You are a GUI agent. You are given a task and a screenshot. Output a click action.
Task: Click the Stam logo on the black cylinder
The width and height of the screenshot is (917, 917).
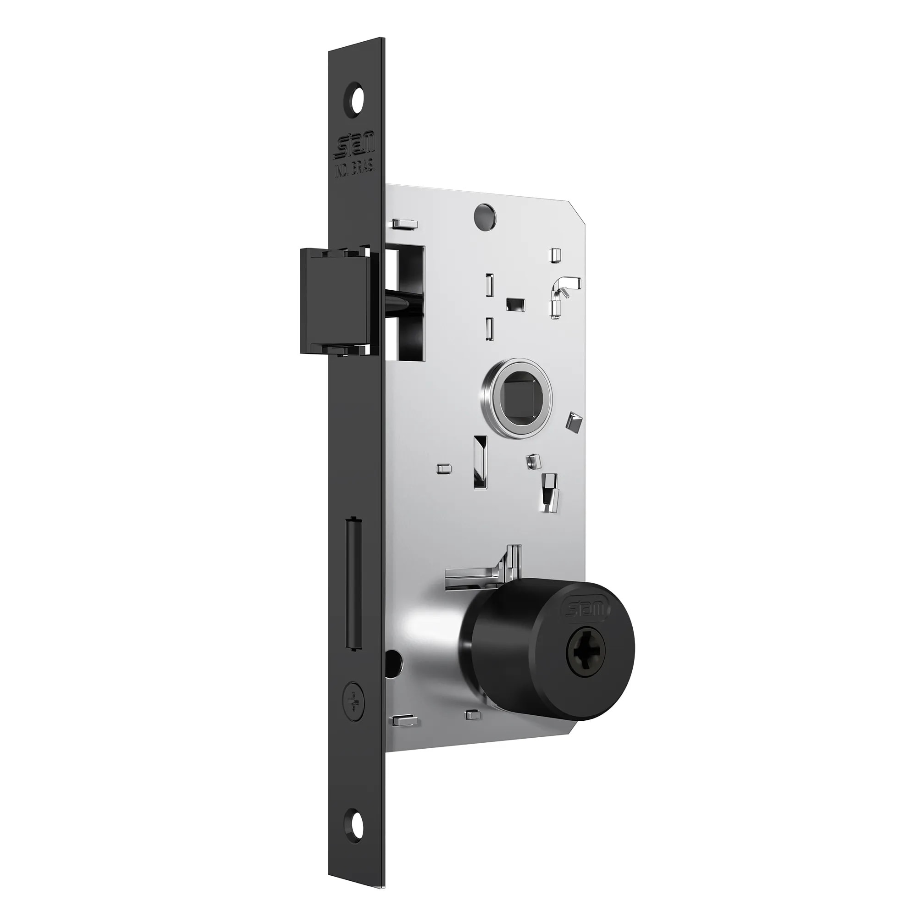(585, 610)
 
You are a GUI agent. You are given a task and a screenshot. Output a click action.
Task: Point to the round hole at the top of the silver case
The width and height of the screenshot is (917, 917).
(485, 215)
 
